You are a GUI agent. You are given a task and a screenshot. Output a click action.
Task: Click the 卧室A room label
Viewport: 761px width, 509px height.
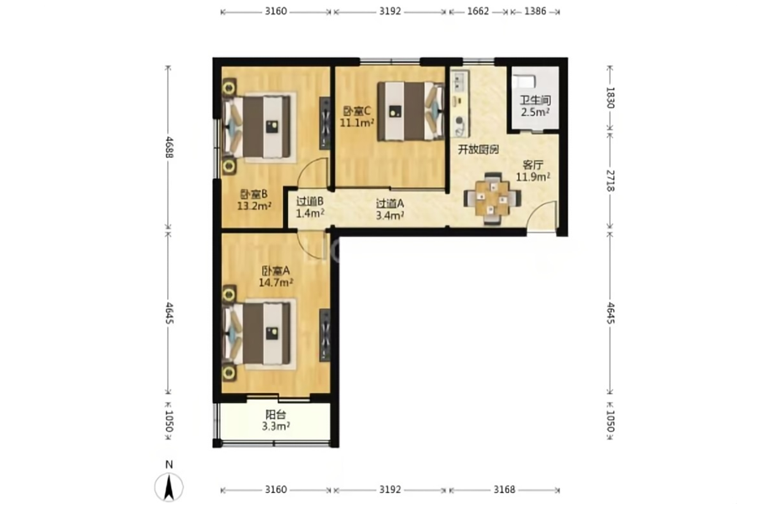pyautogui.click(x=276, y=270)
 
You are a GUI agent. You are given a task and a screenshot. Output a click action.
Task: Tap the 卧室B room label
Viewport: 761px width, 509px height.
pyautogui.click(x=254, y=195)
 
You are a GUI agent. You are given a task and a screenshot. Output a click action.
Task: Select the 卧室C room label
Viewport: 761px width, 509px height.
pyautogui.click(x=357, y=111)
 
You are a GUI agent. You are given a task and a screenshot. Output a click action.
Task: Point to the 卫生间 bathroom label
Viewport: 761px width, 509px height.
pyautogui.click(x=535, y=101)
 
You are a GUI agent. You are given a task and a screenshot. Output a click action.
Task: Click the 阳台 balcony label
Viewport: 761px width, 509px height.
pyautogui.click(x=276, y=415)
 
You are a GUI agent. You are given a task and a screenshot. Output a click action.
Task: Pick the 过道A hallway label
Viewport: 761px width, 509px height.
pyautogui.click(x=390, y=204)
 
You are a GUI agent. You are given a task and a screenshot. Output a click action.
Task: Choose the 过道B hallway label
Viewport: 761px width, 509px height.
pyautogui.click(x=310, y=201)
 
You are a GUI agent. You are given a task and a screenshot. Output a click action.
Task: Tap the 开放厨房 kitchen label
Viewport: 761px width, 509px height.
pyautogui.click(x=479, y=150)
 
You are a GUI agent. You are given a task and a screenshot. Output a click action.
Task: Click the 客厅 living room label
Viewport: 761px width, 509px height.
pyautogui.click(x=533, y=165)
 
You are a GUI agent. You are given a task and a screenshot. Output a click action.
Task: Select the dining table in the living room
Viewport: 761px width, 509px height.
pyautogui.click(x=492, y=198)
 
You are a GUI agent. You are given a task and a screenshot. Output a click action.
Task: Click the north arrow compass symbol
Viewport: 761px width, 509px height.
pyautogui.click(x=169, y=486)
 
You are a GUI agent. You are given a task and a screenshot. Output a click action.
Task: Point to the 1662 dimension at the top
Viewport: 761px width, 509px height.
pyautogui.click(x=478, y=11)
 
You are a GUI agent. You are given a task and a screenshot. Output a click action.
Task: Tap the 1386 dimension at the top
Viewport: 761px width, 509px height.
pyautogui.click(x=535, y=11)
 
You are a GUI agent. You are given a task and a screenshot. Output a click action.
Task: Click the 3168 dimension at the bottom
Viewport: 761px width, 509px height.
pyautogui.click(x=504, y=490)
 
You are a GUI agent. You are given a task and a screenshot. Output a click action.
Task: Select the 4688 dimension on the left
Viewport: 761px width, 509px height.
pyautogui.click(x=169, y=147)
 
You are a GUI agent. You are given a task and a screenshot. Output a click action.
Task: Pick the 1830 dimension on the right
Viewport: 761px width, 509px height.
pyautogui.click(x=611, y=97)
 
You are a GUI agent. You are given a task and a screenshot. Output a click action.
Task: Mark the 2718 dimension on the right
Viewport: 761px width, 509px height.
pyautogui.click(x=611, y=180)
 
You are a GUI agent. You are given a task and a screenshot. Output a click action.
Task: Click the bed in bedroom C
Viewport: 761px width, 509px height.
pyautogui.click(x=411, y=111)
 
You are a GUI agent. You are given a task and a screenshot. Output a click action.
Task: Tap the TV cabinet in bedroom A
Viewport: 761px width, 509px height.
pyautogui.click(x=325, y=335)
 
